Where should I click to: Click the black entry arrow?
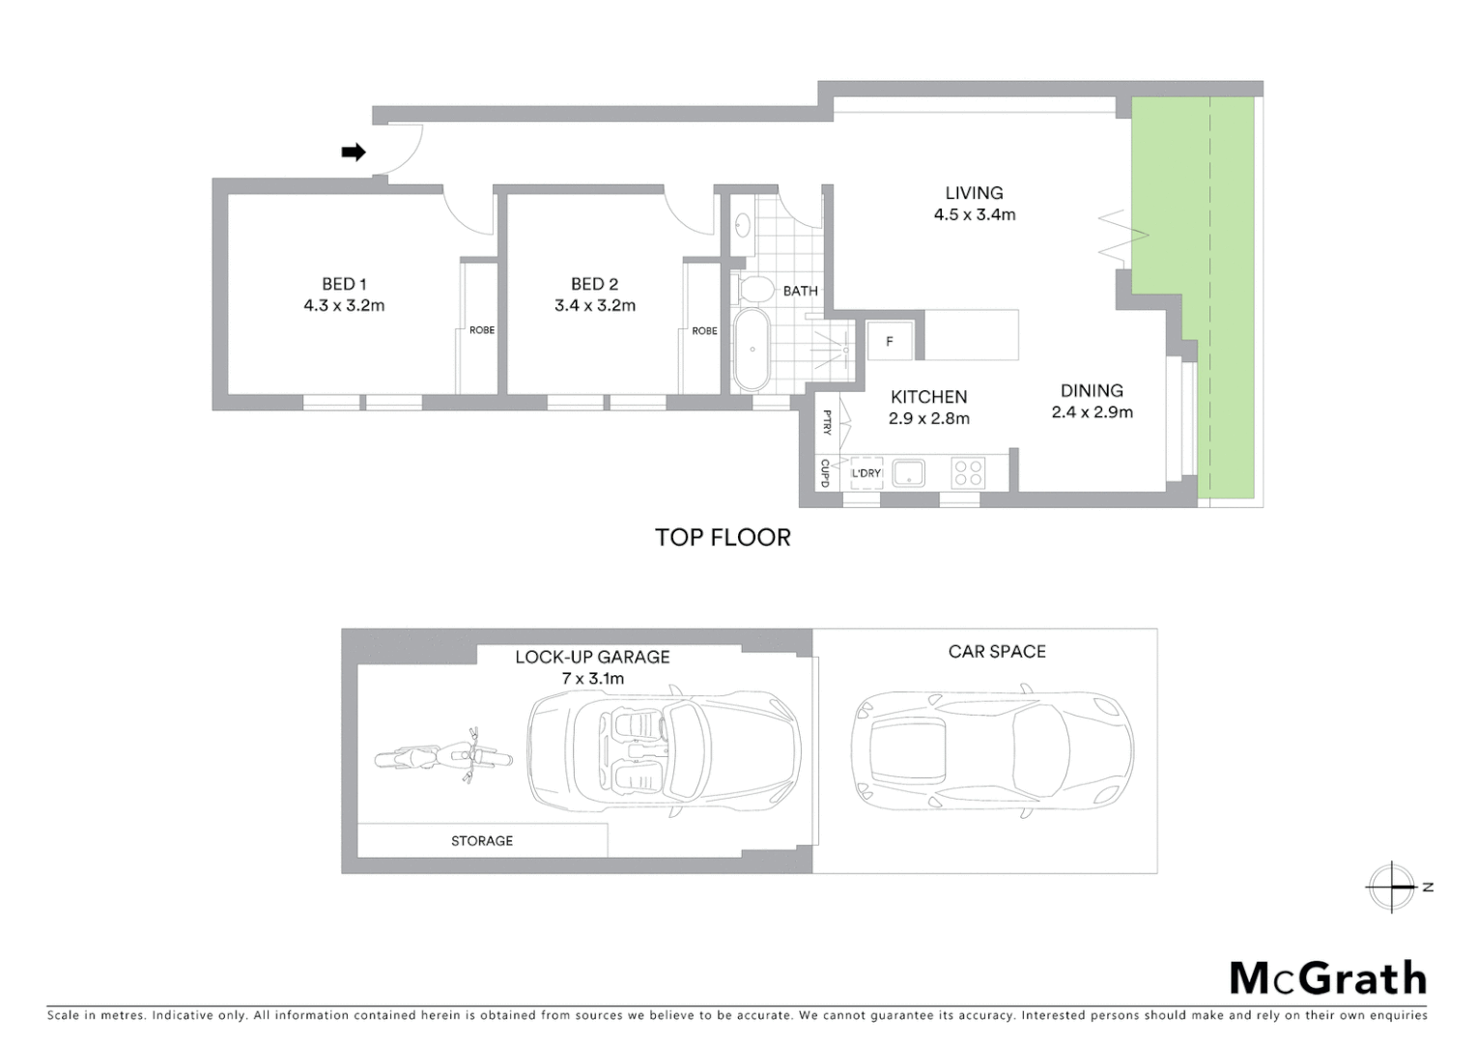click(x=354, y=152)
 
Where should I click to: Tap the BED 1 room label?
click(x=344, y=284)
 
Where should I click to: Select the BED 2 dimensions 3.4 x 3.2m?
click(x=595, y=306)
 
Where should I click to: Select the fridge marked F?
click(x=890, y=341)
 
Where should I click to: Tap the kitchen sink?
click(x=908, y=473)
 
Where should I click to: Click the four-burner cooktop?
click(x=968, y=473)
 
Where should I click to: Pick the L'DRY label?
click(x=866, y=473)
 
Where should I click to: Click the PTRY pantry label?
click(x=827, y=422)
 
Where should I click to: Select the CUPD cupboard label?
click(x=825, y=472)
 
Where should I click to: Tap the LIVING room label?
click(x=974, y=193)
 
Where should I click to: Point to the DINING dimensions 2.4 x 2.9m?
click(x=1092, y=412)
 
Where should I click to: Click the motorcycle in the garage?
click(x=442, y=757)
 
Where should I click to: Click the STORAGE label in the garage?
click(x=482, y=841)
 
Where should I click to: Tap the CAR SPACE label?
click(x=997, y=652)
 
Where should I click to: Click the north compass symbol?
click(x=1392, y=887)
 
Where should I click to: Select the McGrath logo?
click(x=1328, y=978)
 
